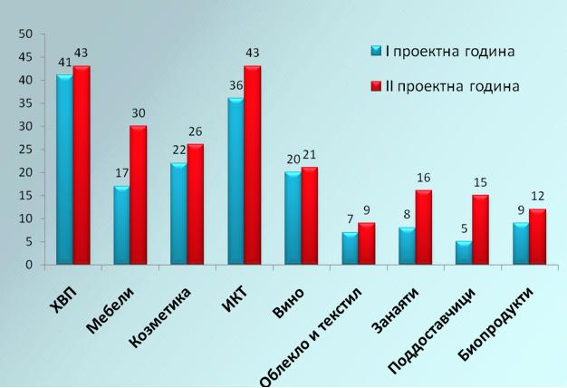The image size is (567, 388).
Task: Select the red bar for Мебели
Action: tap(139, 196)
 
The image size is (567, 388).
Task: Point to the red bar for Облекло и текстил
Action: tap(367, 245)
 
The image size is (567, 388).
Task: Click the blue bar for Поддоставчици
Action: tap(463, 254)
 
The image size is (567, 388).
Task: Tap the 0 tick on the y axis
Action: tap(29, 266)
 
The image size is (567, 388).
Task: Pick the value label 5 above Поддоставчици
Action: tap(464, 230)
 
